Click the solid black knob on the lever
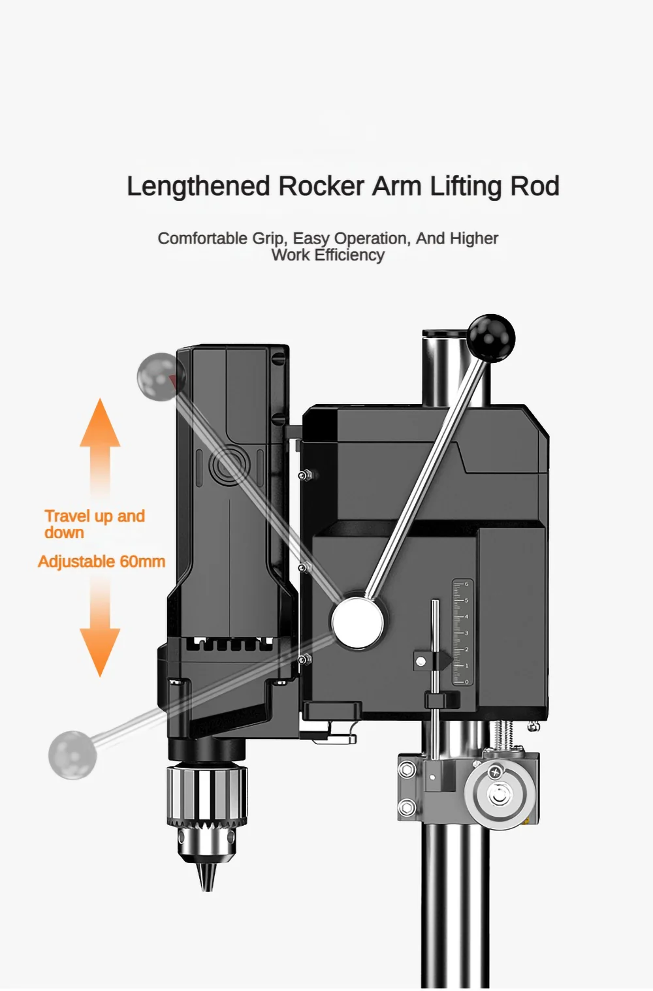point(491,338)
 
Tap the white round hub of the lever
point(358,622)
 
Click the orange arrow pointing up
point(100,431)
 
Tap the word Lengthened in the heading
point(198,187)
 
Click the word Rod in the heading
point(535,187)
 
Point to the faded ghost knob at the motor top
point(159,377)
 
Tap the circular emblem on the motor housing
point(230,465)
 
